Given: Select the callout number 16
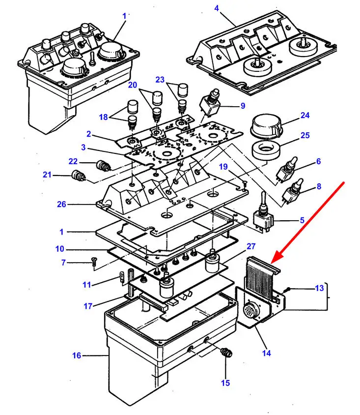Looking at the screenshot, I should tap(77, 356).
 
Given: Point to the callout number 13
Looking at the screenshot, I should tap(319, 288).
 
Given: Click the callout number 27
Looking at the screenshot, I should tap(251, 246).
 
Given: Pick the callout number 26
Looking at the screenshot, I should tap(61, 204).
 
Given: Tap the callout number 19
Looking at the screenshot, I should tap(223, 167).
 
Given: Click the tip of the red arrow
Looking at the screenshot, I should tap(273, 259).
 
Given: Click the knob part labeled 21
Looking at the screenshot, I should tap(77, 175).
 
